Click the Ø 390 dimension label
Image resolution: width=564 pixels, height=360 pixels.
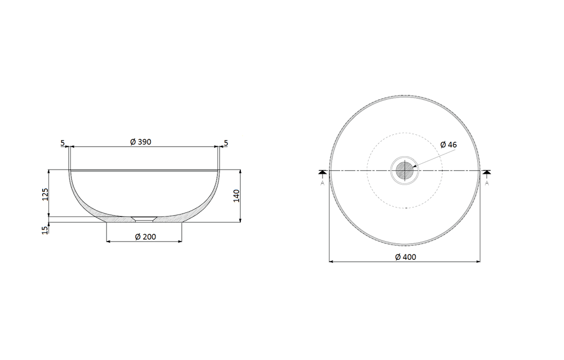(x=141, y=142)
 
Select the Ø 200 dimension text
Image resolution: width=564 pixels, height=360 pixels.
(x=145, y=237)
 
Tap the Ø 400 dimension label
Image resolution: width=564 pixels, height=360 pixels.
(x=405, y=257)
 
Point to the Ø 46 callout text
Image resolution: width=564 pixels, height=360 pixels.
(x=448, y=145)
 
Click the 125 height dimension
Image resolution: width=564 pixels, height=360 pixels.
(x=45, y=194)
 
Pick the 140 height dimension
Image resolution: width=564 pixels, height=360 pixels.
(x=237, y=196)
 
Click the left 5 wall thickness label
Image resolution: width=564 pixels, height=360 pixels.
(x=62, y=143)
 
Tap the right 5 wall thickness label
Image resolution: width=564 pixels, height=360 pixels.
(x=226, y=143)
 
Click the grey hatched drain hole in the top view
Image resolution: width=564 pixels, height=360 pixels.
(x=405, y=171)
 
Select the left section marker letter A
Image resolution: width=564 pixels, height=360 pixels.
(x=323, y=183)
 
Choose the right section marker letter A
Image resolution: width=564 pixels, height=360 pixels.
(x=487, y=183)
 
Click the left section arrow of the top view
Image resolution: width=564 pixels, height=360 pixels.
(x=323, y=172)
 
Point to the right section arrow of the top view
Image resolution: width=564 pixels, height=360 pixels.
(x=487, y=172)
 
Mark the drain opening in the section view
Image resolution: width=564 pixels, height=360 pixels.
(x=144, y=219)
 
